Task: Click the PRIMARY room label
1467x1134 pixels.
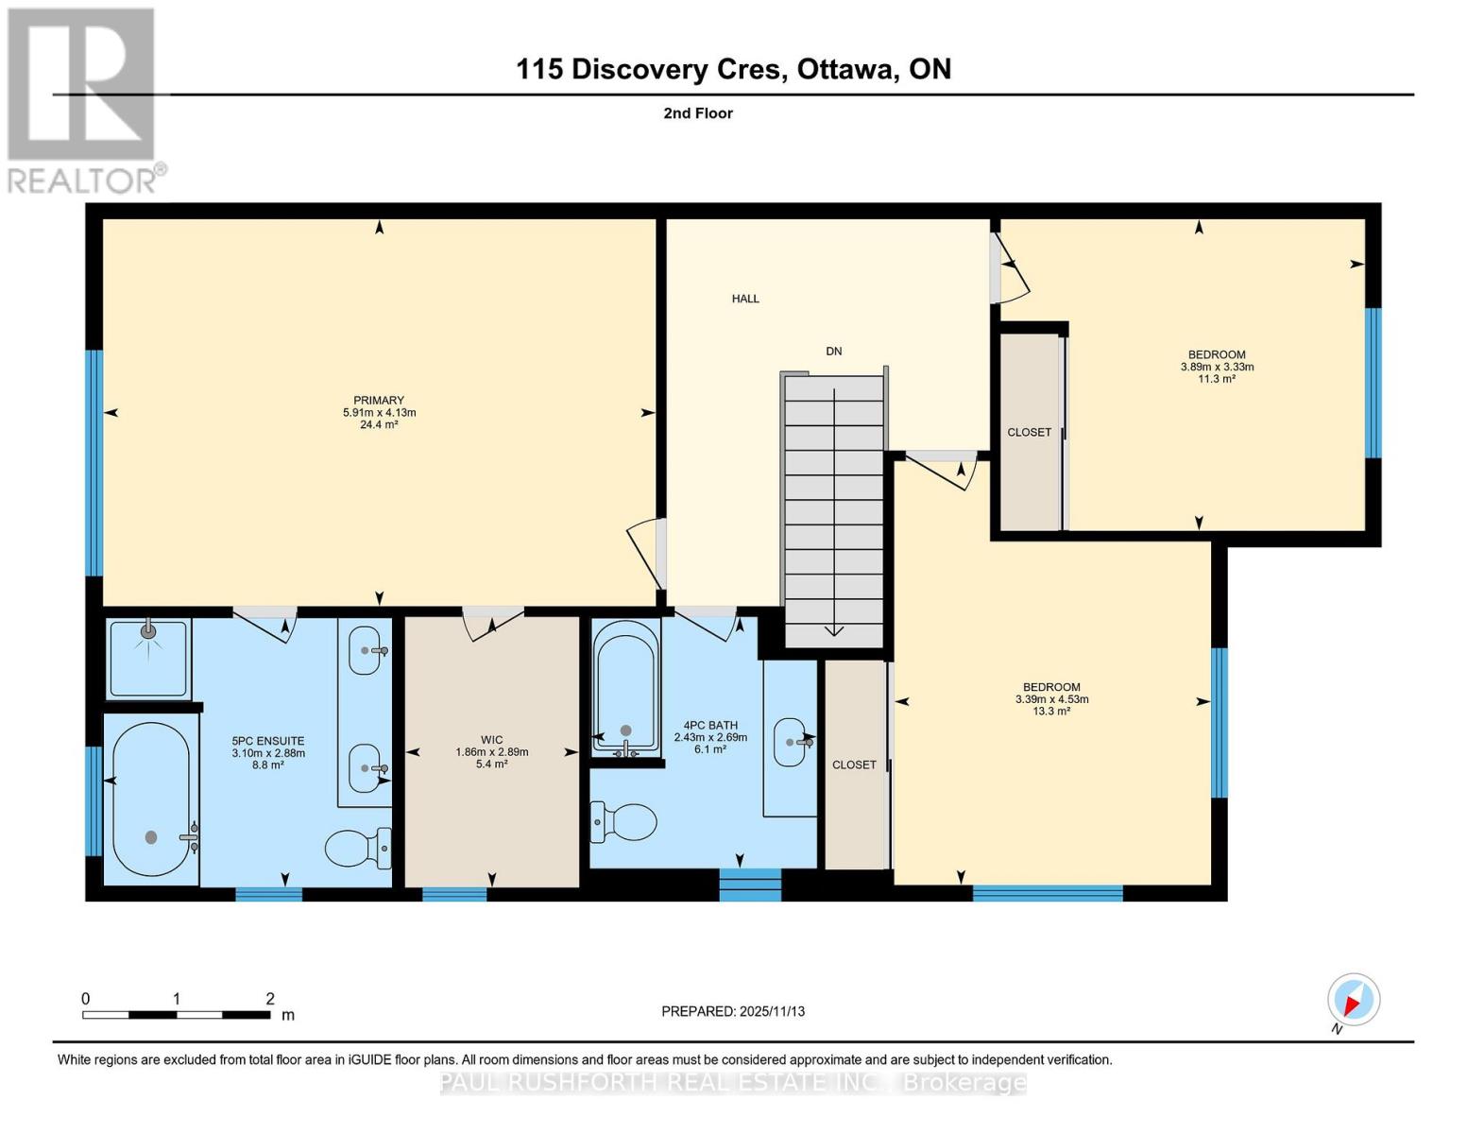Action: (379, 400)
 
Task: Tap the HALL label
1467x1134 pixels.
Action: (745, 299)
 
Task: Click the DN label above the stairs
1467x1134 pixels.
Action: (833, 352)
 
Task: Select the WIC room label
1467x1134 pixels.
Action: (491, 740)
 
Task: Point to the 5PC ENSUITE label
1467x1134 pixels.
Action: (268, 741)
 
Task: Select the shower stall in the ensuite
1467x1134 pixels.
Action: (148, 657)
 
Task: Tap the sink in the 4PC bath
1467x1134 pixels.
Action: (791, 742)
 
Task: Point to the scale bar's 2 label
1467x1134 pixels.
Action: (270, 999)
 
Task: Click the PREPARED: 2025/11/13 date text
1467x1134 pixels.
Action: (733, 1011)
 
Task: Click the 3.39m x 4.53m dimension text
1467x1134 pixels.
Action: (1051, 699)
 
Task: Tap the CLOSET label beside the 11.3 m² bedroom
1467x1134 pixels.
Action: (1029, 432)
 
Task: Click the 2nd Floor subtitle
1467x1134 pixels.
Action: (698, 113)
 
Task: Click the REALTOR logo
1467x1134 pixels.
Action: (83, 99)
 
